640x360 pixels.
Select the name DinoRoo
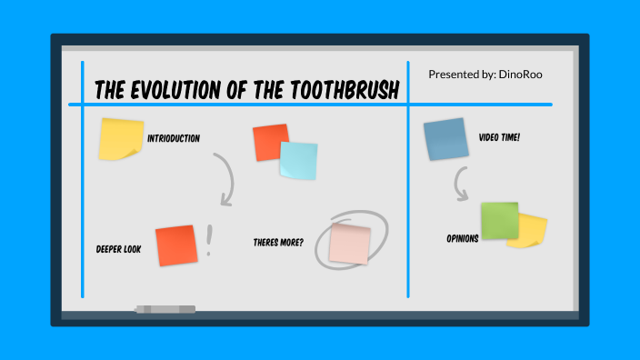521,74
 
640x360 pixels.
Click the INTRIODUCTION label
174,138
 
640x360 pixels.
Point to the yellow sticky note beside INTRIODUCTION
120,139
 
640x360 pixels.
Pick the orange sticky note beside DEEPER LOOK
176,245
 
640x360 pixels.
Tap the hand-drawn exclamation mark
209,241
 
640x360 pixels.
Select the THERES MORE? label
278,243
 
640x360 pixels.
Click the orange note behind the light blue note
266,141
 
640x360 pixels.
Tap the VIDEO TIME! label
499,138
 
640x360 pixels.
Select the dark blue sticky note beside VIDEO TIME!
445,139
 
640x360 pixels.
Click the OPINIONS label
462,239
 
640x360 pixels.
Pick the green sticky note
499,221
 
